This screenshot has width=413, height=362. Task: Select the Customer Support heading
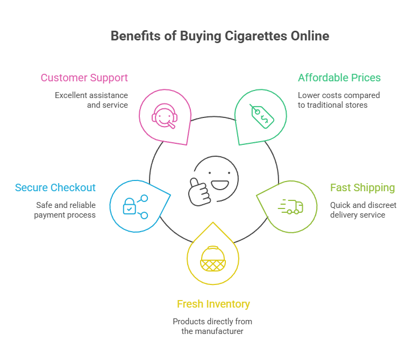pyautogui.click(x=84, y=78)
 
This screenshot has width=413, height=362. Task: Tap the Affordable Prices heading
pyautogui.click(x=339, y=78)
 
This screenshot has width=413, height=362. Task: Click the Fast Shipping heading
pyautogui.click(x=362, y=188)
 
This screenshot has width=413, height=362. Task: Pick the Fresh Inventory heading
pyautogui.click(x=213, y=304)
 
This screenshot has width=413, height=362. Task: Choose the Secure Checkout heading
pyautogui.click(x=55, y=188)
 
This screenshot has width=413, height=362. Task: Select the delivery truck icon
pyautogui.click(x=290, y=206)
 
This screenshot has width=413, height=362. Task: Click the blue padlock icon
pyautogui.click(x=129, y=206)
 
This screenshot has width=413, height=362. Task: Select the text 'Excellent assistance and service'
pyautogui.click(x=91, y=100)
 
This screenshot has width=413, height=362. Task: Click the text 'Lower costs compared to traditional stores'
pyautogui.click(x=339, y=100)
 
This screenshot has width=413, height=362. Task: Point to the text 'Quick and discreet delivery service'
pyautogui.click(x=363, y=210)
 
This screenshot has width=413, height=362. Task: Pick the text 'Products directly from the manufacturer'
pyautogui.click(x=212, y=326)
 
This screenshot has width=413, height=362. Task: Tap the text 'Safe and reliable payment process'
pyautogui.click(x=66, y=210)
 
